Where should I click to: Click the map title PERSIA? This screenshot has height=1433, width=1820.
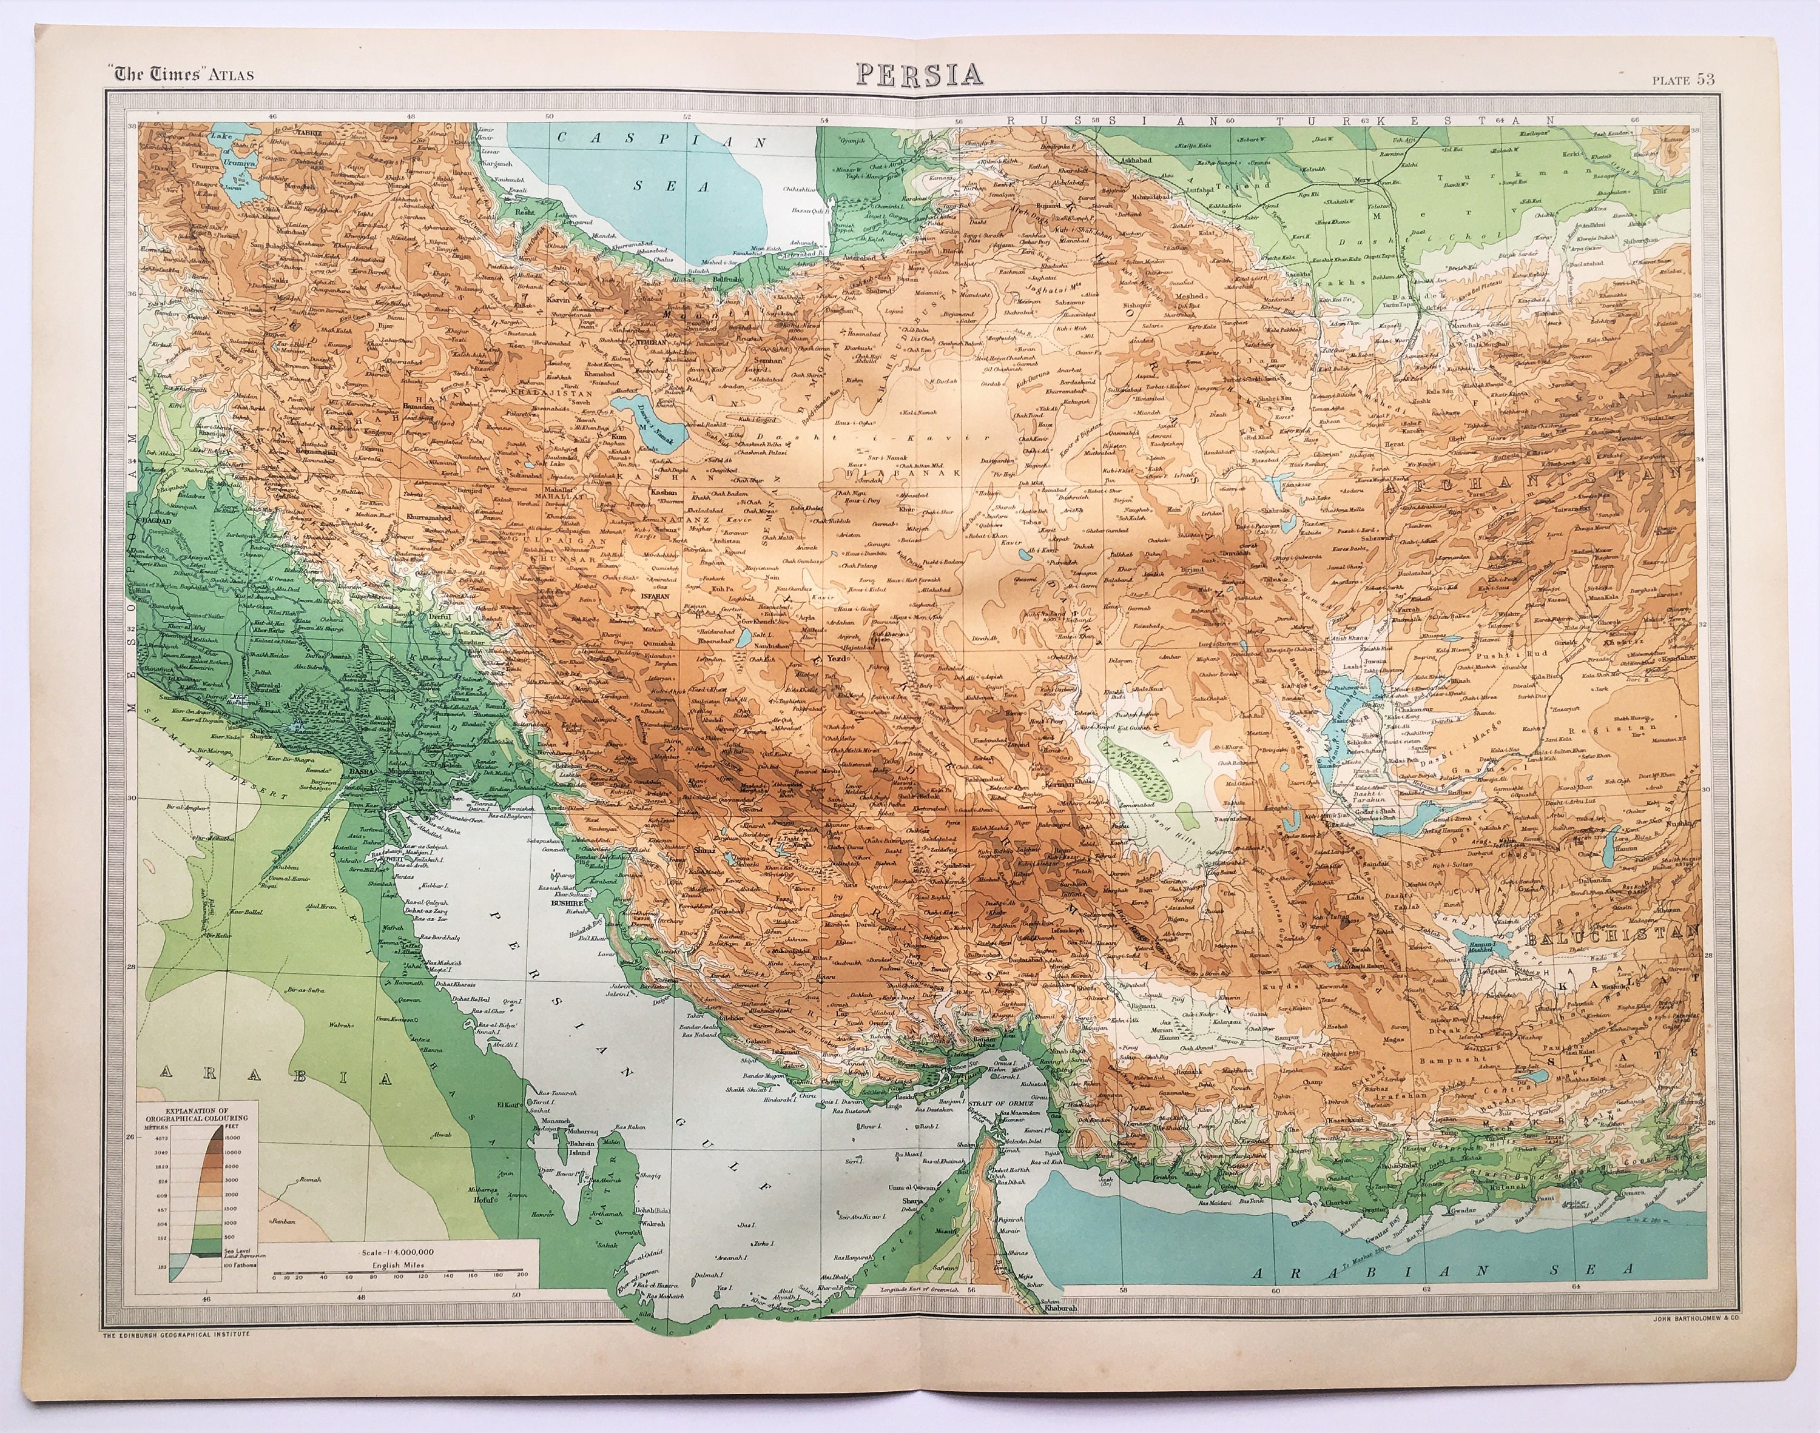tap(920, 74)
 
